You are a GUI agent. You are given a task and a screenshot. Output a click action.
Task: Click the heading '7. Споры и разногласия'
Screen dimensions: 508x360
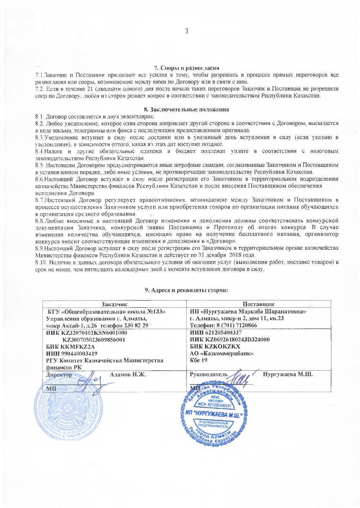[187, 68]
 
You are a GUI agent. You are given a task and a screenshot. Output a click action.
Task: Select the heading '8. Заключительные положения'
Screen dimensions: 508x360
[187, 110]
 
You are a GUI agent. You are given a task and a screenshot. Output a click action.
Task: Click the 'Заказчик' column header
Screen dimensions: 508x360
[114, 304]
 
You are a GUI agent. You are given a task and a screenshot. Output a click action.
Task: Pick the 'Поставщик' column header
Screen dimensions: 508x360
[258, 304]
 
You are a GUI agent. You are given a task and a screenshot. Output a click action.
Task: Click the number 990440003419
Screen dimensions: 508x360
[79, 353]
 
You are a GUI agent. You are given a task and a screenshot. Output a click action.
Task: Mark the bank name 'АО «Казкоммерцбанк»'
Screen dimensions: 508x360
[222, 353]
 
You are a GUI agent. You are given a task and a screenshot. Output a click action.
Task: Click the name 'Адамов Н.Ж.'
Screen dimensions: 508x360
[128, 374]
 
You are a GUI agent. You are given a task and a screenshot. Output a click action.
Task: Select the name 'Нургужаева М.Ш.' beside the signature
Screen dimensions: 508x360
[288, 374]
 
